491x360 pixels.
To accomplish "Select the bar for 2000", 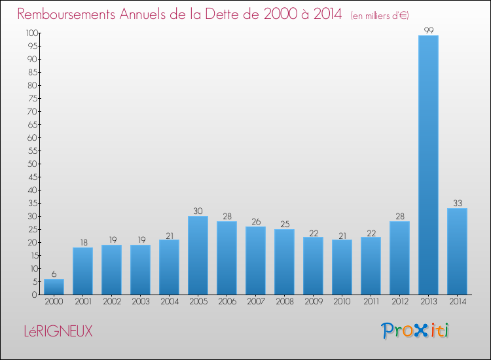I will (54, 287).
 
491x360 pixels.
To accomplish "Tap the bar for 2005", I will (198, 255).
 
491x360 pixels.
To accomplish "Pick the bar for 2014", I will (457, 251).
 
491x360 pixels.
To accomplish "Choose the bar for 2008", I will (284, 262).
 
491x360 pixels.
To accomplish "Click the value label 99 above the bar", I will (428, 30).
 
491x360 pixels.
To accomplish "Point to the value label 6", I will (54, 274).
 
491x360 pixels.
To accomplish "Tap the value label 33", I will (457, 204).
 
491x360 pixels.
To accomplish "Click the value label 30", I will (198, 211).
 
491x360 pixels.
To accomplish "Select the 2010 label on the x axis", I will (342, 301).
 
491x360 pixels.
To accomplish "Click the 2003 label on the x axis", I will (140, 301).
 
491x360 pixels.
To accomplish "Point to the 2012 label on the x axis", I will (399, 301).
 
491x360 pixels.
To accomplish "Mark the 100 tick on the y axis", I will (30, 33).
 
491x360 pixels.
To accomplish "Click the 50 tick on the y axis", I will (32, 164).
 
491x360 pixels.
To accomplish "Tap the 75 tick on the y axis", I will (32, 98).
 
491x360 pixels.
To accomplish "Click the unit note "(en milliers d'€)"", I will (380, 15).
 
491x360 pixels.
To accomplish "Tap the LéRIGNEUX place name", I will (55, 332).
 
